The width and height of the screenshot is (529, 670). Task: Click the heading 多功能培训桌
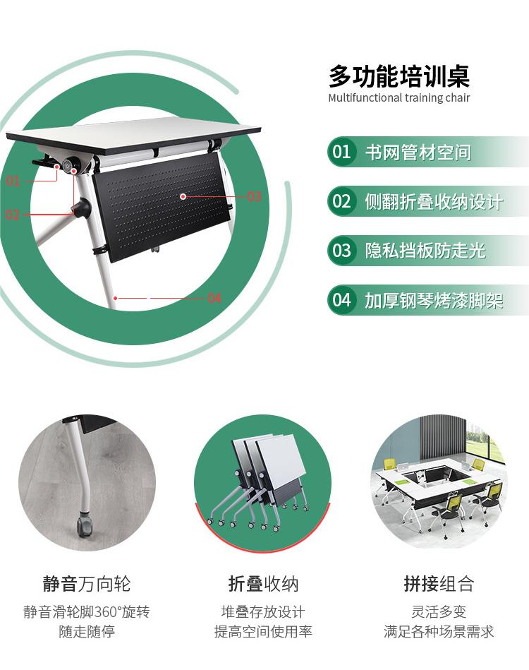(x=399, y=76)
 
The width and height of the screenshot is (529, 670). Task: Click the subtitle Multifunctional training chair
(x=399, y=98)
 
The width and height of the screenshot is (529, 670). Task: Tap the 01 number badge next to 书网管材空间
(x=341, y=152)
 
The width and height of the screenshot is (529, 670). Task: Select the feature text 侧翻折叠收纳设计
(x=434, y=202)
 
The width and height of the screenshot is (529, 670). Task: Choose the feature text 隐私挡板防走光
(x=425, y=251)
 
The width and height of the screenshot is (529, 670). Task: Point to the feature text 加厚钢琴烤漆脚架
(x=434, y=300)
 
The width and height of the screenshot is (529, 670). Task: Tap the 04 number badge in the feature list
(x=341, y=300)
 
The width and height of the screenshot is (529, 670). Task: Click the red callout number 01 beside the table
(x=13, y=181)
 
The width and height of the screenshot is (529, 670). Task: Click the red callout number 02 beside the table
(x=13, y=214)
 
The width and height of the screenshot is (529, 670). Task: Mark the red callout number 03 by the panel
(x=254, y=196)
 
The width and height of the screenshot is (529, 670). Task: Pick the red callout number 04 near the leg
(x=214, y=298)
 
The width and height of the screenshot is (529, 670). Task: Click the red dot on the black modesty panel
(x=183, y=196)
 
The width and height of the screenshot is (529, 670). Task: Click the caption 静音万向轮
(x=87, y=584)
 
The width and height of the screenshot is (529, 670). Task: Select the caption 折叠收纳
(x=263, y=584)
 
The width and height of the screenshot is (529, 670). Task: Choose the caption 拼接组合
(x=439, y=584)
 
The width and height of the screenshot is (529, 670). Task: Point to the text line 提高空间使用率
(x=263, y=631)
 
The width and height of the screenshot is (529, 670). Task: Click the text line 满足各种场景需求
(x=439, y=631)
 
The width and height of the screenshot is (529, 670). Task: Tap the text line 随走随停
(x=87, y=631)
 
